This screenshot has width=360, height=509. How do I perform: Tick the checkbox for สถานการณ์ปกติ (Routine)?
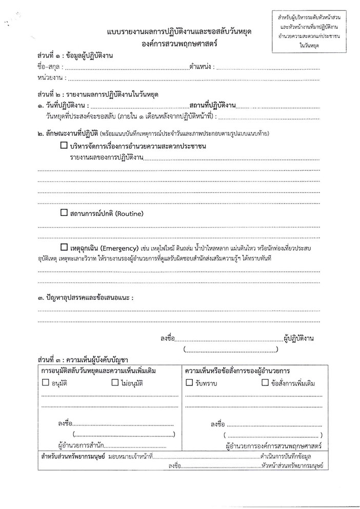(64, 213)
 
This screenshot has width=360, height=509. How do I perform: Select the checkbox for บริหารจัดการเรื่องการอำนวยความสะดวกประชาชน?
(64, 147)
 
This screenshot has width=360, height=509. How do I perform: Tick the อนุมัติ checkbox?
(46, 383)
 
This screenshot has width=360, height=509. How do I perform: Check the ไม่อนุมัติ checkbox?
(114, 383)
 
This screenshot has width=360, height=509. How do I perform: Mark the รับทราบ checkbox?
(189, 383)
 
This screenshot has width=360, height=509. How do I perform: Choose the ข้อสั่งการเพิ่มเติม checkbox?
(265, 383)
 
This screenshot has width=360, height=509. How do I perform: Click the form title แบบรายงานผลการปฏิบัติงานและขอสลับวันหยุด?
(179, 32)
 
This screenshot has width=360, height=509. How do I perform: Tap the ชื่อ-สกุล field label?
(49, 67)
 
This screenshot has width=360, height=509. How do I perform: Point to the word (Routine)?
(127, 213)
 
